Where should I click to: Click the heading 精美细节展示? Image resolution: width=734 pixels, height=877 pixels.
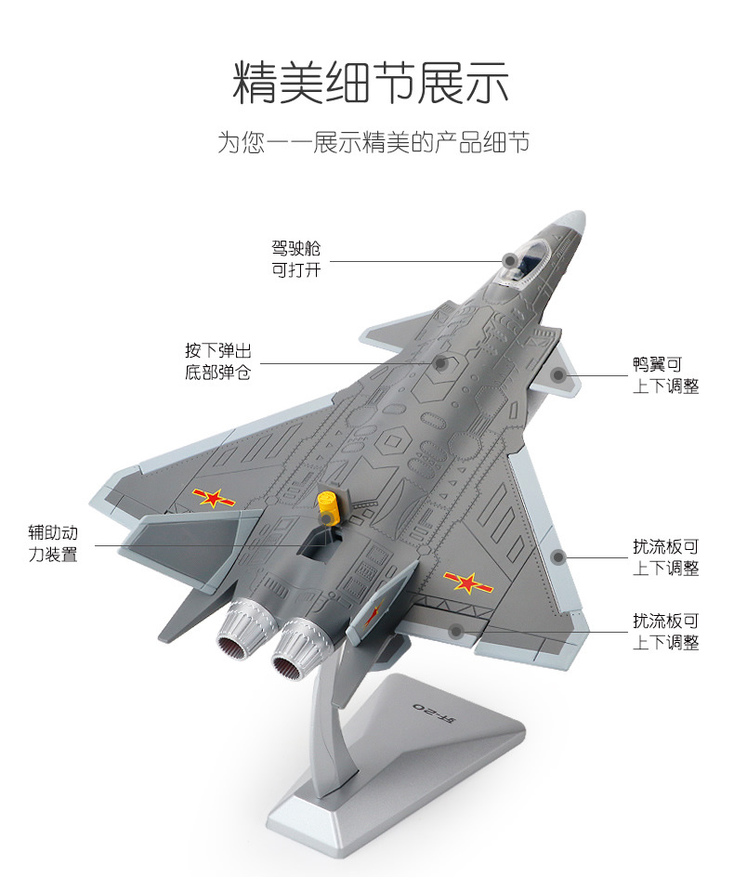coord(370,85)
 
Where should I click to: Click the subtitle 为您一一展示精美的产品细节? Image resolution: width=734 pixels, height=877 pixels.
coord(373,143)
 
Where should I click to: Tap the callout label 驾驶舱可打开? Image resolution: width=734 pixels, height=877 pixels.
coord(295,259)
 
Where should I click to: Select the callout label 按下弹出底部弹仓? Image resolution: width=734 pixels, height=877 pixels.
coord(217,362)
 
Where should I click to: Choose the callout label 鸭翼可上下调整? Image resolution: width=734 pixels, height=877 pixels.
coord(665,375)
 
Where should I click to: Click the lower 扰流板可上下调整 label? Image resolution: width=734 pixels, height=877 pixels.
coord(665,632)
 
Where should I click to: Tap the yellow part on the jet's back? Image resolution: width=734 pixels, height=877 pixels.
coord(327,508)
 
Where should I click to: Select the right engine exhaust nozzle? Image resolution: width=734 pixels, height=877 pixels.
coord(292,655)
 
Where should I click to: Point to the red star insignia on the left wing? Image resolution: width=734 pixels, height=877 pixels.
coord(213,498)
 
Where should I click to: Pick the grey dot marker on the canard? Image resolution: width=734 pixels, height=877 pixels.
coord(558,376)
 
